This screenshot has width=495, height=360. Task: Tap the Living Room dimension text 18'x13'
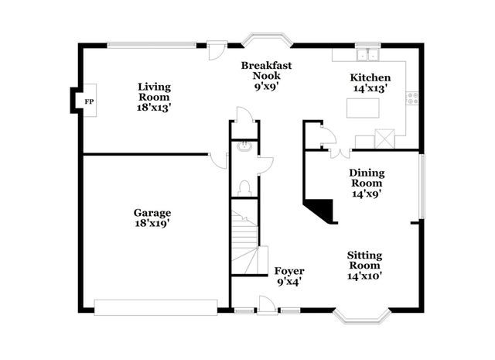154,108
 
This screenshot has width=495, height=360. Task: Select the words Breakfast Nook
266,72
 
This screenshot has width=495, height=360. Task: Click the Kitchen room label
370,77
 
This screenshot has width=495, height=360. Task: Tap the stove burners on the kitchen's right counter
414,98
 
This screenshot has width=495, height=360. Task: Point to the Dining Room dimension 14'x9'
367,194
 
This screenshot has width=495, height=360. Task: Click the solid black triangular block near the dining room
320,210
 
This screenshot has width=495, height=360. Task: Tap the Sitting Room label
364,260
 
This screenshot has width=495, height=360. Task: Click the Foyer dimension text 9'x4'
289,282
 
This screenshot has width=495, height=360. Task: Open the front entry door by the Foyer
266,303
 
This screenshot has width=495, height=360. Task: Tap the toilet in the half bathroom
244,187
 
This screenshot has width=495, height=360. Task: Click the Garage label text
152,213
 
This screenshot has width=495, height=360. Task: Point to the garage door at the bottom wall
155,307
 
